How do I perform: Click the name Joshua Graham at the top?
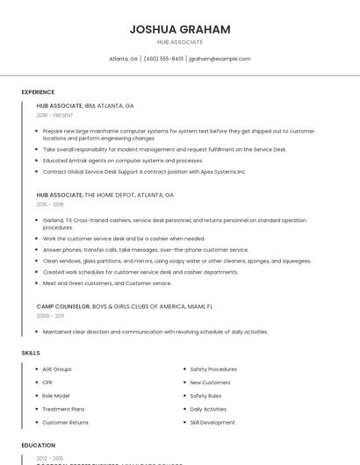(180, 29)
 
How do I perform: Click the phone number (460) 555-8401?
(163, 59)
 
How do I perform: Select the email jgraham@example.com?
(220, 59)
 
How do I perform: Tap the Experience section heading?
(38, 92)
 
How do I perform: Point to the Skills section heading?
(31, 353)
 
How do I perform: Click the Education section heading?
(39, 446)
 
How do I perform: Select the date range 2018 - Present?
(54, 115)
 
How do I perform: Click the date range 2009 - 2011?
(50, 316)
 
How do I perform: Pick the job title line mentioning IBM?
(85, 105)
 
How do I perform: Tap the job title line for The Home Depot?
(105, 195)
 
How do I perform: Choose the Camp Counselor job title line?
(125, 306)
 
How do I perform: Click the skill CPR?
(47, 383)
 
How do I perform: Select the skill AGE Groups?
(57, 369)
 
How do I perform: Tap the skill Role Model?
(55, 396)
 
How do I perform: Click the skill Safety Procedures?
(213, 369)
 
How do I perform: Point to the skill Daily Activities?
(208, 409)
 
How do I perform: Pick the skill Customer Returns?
(65, 422)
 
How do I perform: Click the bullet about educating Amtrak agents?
(122, 161)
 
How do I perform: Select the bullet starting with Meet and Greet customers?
(107, 283)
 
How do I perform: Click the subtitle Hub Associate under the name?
(180, 42)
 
